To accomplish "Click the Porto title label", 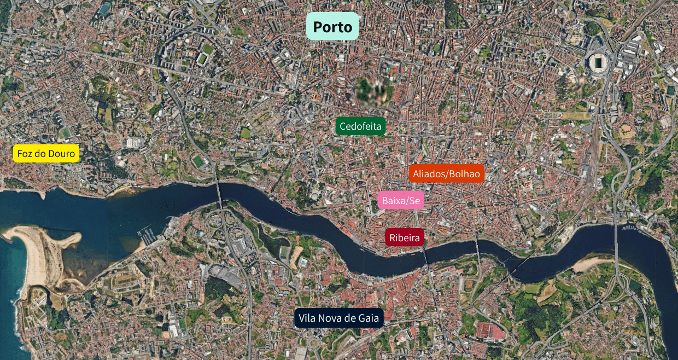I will coord(332,26).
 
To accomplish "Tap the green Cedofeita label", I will coord(360,126).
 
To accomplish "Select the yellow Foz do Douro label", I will coord(46,154).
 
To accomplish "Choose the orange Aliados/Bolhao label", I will coord(446,173).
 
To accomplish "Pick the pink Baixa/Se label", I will coord(401,201).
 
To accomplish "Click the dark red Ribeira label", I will coord(405,238).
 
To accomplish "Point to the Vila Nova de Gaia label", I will coord(339,318).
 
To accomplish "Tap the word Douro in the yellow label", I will coord(61,154).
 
